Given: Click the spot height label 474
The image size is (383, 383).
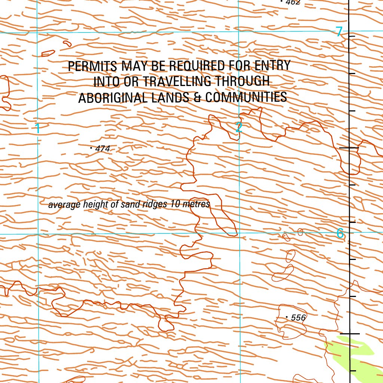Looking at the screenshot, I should (x=103, y=149).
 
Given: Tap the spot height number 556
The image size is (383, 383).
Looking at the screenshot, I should (x=298, y=318).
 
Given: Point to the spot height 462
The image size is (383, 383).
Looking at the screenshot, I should (x=293, y=2).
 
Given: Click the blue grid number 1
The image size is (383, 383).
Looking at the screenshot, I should (x=37, y=129).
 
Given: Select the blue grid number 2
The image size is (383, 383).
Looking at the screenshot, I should (x=239, y=128).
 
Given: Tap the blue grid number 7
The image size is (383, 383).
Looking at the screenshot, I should (x=339, y=32).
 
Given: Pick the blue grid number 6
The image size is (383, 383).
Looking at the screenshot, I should (x=340, y=233).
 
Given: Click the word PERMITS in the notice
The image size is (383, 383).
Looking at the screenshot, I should (x=92, y=66).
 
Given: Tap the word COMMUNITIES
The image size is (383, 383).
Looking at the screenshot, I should (x=246, y=97).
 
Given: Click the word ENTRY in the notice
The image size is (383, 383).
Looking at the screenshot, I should (x=272, y=65).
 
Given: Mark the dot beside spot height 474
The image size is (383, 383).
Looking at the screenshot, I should (x=92, y=148).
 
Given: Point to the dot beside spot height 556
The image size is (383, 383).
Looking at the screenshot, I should (x=287, y=318).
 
